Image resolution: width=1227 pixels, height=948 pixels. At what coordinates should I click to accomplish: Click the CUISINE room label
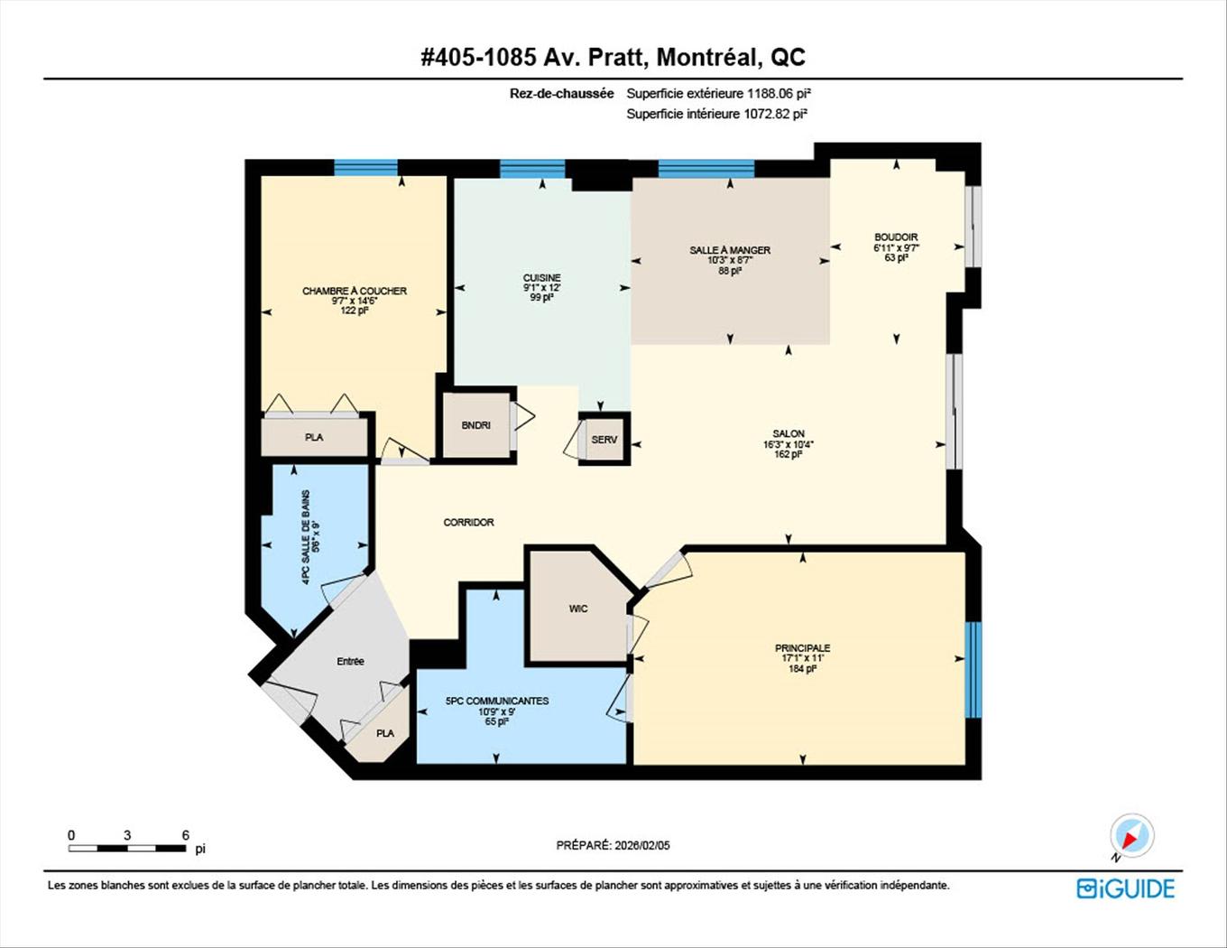click(x=541, y=278)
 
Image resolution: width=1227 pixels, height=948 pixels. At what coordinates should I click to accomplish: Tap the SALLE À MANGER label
click(x=730, y=250)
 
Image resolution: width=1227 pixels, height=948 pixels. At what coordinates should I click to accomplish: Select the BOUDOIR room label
click(x=895, y=237)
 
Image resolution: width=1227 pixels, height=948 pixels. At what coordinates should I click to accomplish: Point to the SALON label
click(x=788, y=433)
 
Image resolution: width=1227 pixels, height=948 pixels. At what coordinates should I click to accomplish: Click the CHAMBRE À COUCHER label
click(x=355, y=291)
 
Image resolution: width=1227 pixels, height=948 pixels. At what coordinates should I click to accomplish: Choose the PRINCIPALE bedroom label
click(x=802, y=648)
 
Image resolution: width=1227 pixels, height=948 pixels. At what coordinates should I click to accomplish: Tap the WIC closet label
click(x=578, y=609)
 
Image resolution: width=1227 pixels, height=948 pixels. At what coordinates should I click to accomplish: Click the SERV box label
click(x=604, y=440)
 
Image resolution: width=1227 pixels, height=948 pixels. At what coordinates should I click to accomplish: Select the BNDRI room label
click(x=475, y=425)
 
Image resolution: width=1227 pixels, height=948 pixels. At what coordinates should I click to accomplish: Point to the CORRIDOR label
click(x=468, y=522)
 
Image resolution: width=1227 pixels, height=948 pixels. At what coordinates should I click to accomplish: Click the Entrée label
click(x=350, y=661)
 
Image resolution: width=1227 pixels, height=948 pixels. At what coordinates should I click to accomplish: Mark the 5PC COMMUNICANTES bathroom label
click(x=497, y=701)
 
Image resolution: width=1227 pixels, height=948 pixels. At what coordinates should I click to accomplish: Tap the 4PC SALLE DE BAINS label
click(x=307, y=537)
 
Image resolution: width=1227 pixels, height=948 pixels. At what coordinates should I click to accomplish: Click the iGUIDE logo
click(x=1125, y=888)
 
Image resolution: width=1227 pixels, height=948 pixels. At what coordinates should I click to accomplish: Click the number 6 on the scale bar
click(x=185, y=835)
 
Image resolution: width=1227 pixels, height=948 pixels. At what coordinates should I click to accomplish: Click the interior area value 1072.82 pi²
click(x=774, y=114)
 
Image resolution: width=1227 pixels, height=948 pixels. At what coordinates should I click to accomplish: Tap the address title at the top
click(x=613, y=57)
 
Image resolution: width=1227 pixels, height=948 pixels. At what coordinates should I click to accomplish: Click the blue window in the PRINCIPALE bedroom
click(x=973, y=670)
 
